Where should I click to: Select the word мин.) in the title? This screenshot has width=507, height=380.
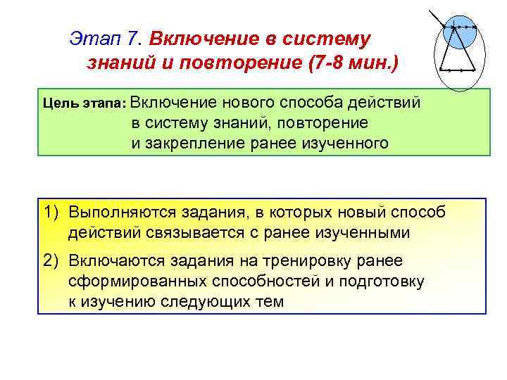(375, 63)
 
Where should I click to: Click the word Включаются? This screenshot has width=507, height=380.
(115, 261)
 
